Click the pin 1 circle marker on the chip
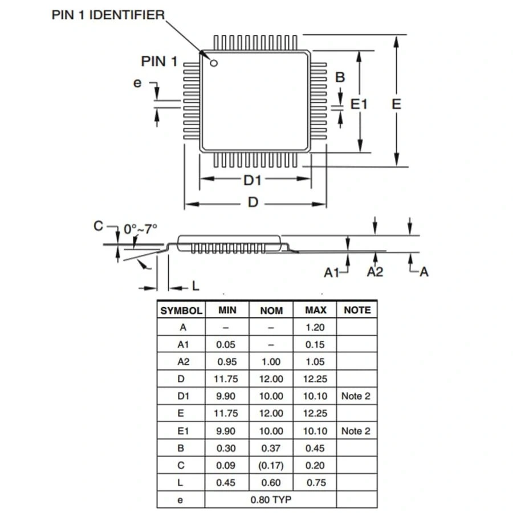[x=214, y=63]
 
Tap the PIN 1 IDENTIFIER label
[x=108, y=15]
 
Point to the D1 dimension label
[x=252, y=180]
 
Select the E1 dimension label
[x=359, y=104]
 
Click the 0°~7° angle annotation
[x=140, y=229]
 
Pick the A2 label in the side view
[x=374, y=272]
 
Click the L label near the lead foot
[x=196, y=286]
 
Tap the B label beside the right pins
[x=340, y=78]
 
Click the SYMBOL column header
[x=181, y=311]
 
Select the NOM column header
[x=271, y=311]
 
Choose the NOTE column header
[x=357, y=310]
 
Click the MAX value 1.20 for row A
[x=315, y=327]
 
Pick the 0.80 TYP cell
[x=271, y=500]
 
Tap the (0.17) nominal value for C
[x=271, y=465]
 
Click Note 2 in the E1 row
[x=356, y=431]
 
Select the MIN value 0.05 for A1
[x=226, y=344]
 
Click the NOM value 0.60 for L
[x=271, y=483]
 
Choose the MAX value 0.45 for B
[x=315, y=448]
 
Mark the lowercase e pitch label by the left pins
[x=137, y=83]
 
